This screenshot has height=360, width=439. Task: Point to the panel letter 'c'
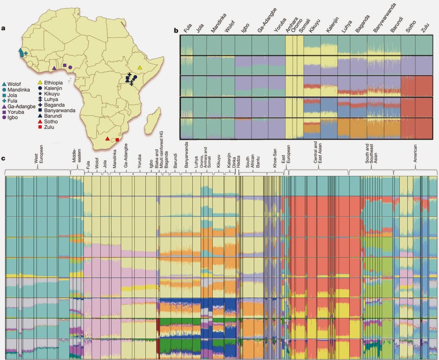pos(3,159)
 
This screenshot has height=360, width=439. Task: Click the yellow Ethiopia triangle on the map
pos(139,67)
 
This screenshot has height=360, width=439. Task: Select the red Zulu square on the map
pos(117,140)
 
